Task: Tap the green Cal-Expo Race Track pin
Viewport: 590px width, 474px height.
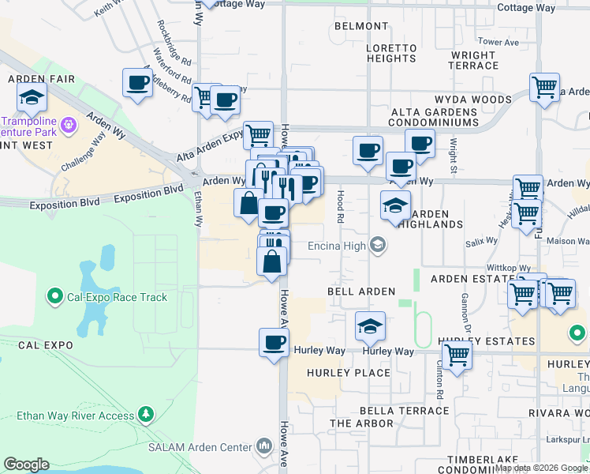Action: pos(55,297)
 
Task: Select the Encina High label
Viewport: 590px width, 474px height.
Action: pos(338,246)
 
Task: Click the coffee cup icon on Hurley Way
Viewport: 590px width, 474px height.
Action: pos(274,343)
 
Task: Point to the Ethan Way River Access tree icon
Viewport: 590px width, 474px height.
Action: pos(145,415)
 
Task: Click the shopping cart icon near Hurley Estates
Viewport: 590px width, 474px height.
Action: pos(457,355)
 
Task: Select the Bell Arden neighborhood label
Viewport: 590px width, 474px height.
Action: pos(360,292)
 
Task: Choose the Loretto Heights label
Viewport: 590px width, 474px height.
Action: pos(390,53)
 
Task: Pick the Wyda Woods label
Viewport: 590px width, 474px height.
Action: pos(472,100)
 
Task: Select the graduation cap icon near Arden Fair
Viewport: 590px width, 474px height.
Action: pos(32,98)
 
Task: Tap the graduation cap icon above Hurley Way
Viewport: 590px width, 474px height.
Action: pos(370,325)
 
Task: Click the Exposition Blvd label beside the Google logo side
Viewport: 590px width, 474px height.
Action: pos(65,203)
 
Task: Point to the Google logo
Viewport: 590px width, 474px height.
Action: pos(26,465)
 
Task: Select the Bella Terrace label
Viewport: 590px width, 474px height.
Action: pos(404,411)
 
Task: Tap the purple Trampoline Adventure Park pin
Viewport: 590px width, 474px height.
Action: pos(69,123)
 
